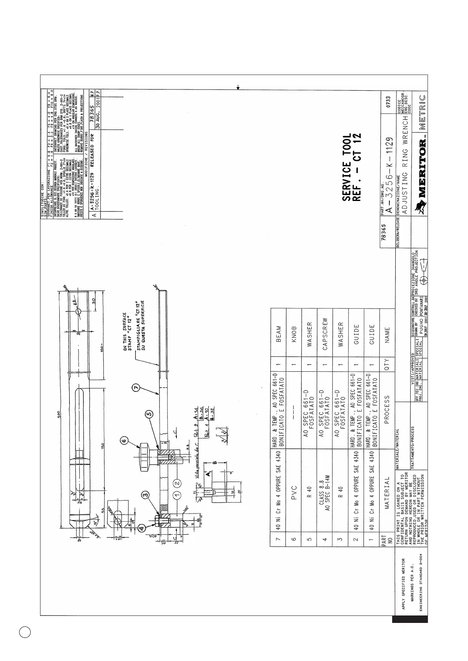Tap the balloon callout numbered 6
(124, 441)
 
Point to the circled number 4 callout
(141, 528)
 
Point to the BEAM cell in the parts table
(279, 334)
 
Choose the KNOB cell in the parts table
(294, 334)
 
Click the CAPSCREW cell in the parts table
(325, 334)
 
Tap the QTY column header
(387, 365)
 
